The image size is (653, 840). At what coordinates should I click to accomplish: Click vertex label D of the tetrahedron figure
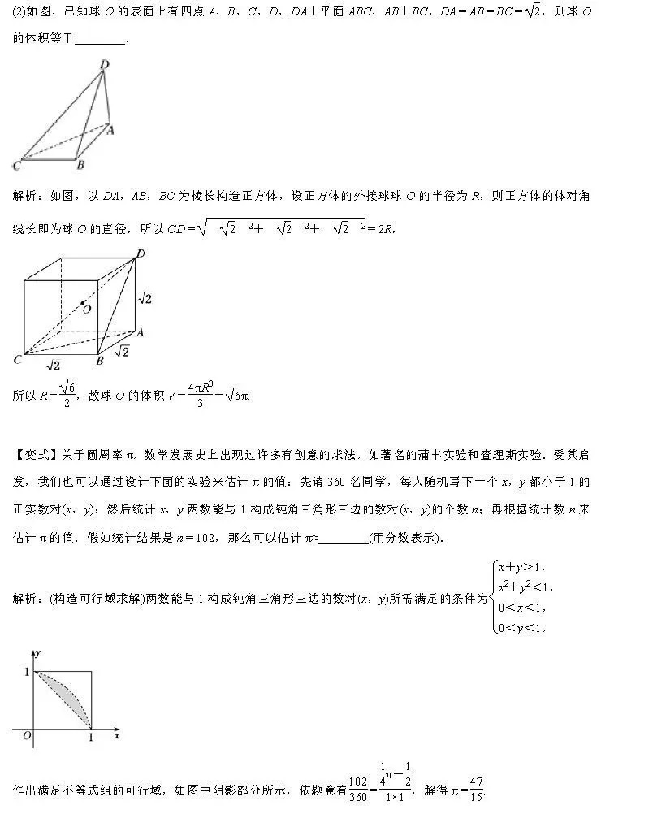point(104,64)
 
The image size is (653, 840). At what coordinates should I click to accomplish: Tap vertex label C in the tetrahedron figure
point(16,166)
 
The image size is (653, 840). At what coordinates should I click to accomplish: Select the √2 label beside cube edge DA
point(145,299)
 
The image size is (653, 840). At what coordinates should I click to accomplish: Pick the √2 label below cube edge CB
point(53,366)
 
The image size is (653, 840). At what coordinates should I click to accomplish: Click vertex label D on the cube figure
point(140,254)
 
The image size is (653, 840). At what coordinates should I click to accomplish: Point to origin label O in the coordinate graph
point(27,736)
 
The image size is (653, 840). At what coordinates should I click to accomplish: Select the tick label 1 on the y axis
point(25,671)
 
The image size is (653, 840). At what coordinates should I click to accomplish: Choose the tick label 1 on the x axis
point(91,737)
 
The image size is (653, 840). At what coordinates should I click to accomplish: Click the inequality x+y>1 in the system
point(521,567)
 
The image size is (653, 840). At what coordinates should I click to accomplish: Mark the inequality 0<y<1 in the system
point(521,626)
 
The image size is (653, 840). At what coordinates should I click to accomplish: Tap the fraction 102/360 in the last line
point(357,789)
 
